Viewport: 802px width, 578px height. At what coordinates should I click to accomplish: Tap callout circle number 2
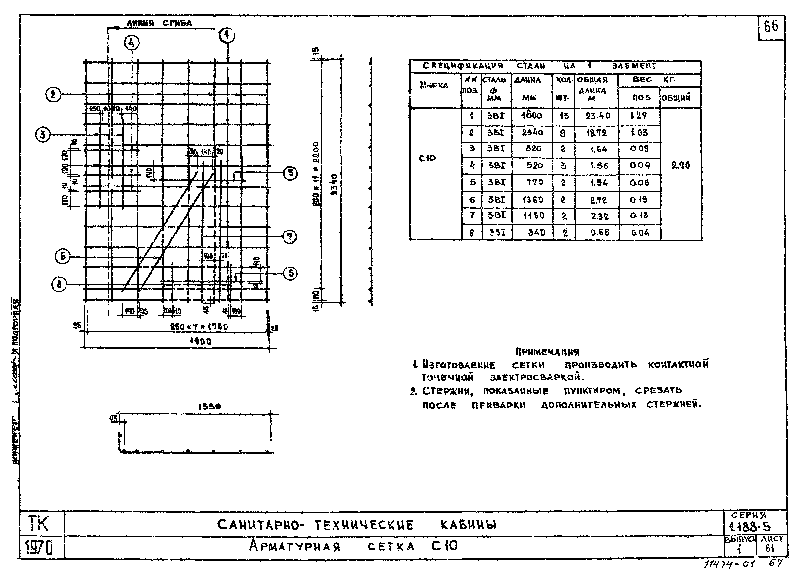pyautogui.click(x=53, y=95)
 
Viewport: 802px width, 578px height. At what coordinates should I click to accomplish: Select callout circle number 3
pyautogui.click(x=43, y=135)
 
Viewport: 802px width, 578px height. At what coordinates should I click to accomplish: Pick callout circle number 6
pyautogui.click(x=63, y=256)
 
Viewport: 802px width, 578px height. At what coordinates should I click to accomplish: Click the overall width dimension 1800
pyautogui.click(x=201, y=341)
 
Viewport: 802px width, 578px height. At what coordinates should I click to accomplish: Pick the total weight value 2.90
pyautogui.click(x=680, y=165)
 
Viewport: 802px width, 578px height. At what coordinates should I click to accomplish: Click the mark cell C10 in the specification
pyautogui.click(x=427, y=158)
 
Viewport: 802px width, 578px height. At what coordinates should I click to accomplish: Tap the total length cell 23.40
pyautogui.click(x=598, y=116)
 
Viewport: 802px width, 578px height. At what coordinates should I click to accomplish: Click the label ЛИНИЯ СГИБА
pyautogui.click(x=159, y=23)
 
